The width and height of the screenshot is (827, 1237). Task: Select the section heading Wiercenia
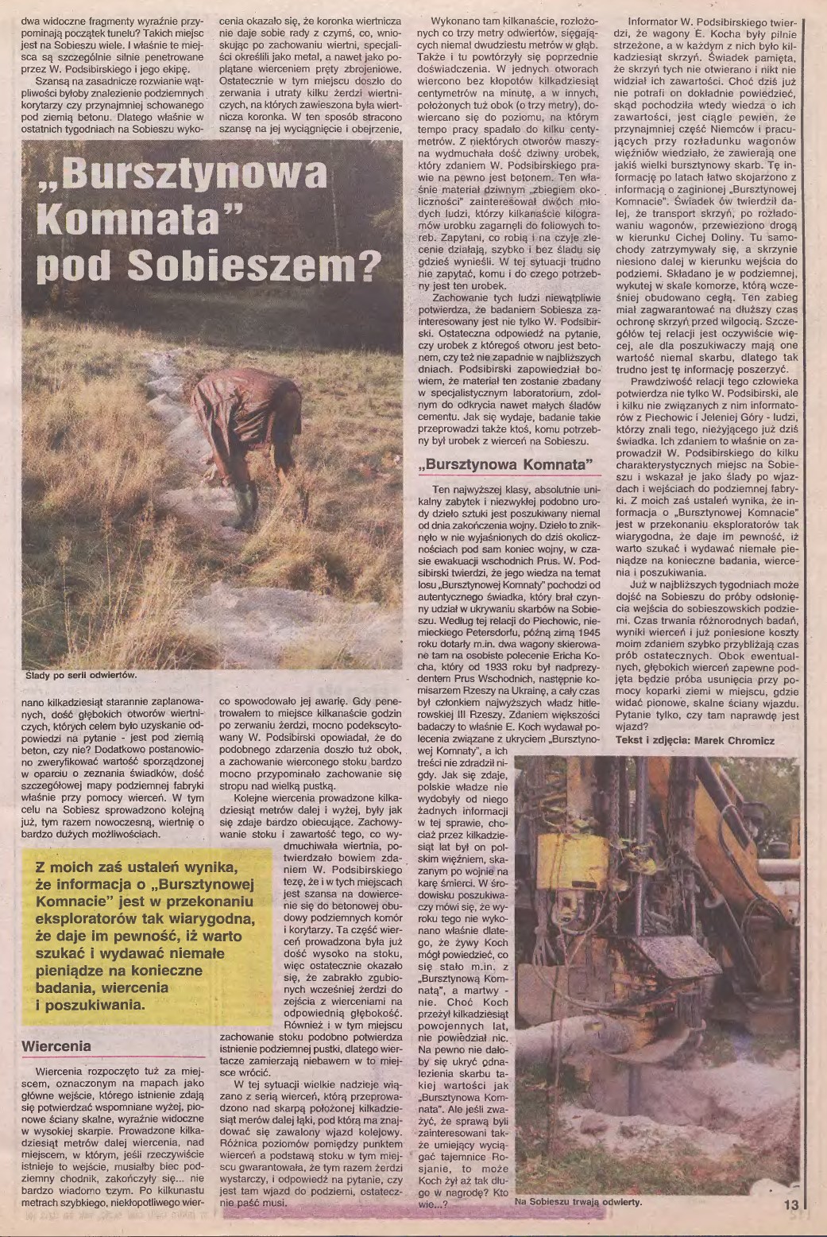56,1045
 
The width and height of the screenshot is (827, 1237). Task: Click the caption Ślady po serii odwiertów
82,675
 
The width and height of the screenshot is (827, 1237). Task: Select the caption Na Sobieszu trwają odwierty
578,1201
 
